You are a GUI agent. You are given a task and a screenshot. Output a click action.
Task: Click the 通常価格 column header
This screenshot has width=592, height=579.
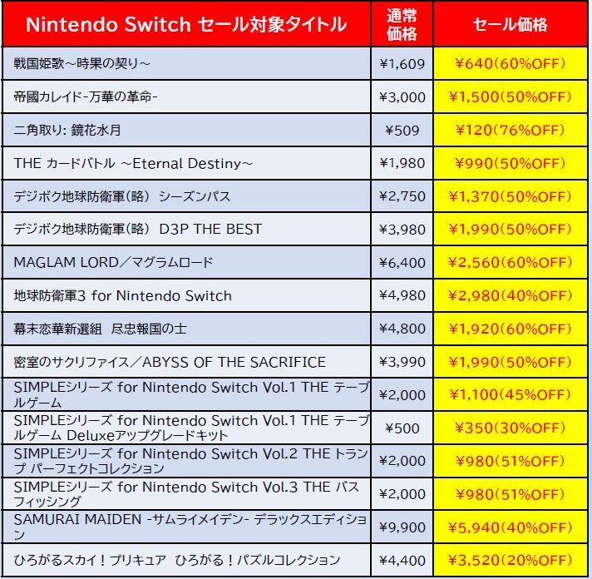coord(402,25)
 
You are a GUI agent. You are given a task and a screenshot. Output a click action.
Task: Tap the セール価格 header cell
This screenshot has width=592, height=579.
coord(510,25)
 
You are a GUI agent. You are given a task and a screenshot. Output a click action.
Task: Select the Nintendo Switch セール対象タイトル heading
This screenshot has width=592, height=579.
coord(186,25)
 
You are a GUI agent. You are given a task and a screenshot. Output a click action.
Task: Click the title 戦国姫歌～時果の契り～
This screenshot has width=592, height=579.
coord(83,63)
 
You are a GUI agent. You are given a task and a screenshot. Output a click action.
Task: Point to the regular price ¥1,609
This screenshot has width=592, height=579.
coord(402,63)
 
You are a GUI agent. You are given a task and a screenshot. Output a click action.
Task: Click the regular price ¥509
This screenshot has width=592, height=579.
coord(402,130)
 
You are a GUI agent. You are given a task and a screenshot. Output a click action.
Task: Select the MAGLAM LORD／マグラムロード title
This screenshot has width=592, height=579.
coord(114,263)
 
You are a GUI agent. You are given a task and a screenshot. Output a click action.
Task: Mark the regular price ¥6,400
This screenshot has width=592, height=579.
coord(402,263)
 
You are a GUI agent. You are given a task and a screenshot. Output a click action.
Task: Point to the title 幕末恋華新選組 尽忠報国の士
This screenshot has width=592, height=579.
coord(101,329)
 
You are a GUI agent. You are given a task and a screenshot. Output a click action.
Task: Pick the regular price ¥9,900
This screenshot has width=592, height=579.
coord(402,527)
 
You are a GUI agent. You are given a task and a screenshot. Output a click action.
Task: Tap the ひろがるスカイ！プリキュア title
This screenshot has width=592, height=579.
coord(177,560)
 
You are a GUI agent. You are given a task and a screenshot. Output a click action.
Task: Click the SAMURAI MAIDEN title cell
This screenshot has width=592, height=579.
coord(190,527)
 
